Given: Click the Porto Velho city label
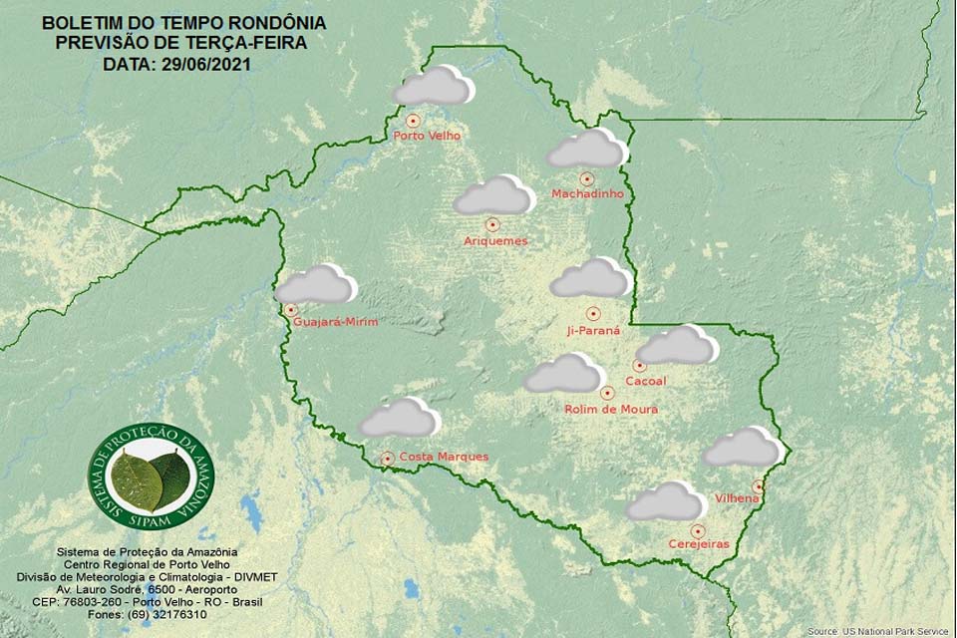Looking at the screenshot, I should (x=428, y=136).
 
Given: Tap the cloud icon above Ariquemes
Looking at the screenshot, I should (x=493, y=196).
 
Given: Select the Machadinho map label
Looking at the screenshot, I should (x=587, y=194).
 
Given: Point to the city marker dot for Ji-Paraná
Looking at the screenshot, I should (x=593, y=313).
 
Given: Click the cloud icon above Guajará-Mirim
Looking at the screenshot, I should (x=315, y=285).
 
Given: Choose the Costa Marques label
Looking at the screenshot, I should (x=444, y=457).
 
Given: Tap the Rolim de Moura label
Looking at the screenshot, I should (x=611, y=409).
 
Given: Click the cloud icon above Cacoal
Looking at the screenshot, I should (x=678, y=346).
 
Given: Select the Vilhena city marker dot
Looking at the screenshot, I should (x=758, y=485).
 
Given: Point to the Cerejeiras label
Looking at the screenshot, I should (x=698, y=544).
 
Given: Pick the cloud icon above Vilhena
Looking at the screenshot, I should (x=742, y=449).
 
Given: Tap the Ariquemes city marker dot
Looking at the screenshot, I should (x=492, y=225).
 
